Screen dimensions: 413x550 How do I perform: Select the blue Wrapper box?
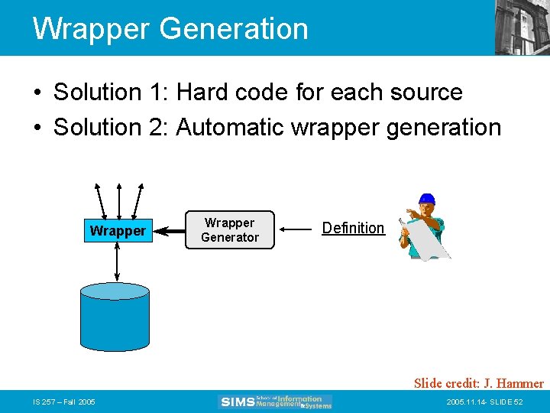click(117, 230)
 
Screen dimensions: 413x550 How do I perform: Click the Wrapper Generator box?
click(229, 230)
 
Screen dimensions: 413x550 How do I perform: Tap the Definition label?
click(353, 228)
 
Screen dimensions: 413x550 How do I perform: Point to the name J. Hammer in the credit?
click(515, 383)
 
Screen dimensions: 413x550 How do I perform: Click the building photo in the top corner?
click(522, 27)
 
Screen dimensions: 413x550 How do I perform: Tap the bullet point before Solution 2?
click(37, 128)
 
